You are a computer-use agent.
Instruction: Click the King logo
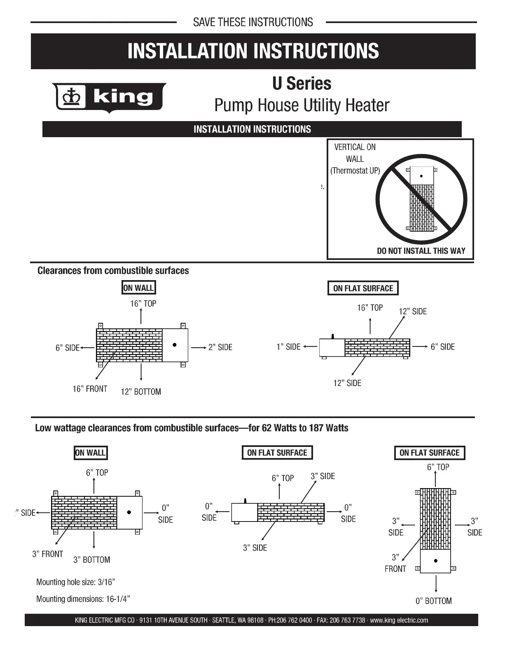point(109,98)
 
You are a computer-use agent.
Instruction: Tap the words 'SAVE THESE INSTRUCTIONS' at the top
point(253,22)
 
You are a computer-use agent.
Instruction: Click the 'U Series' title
point(302,84)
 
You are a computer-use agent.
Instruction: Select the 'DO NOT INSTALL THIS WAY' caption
point(421,251)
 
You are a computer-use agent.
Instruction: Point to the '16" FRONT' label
point(90,389)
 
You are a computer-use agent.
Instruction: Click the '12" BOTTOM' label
point(141,392)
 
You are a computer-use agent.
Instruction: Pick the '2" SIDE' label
point(220,347)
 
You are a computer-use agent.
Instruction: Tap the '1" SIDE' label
point(288,347)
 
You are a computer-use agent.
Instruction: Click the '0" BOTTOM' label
point(433,601)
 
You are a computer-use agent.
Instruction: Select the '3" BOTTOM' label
point(92,560)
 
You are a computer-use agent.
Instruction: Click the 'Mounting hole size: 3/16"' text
point(76,582)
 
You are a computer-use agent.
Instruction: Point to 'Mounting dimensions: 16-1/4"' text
point(83,599)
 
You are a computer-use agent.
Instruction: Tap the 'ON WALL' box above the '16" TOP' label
point(139,288)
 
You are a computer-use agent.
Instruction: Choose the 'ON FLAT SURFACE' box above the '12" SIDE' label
point(363,288)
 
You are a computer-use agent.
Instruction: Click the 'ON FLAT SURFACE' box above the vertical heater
point(429,453)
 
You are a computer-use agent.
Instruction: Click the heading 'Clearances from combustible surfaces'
point(113,271)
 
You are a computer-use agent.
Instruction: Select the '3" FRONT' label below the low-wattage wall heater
point(48,554)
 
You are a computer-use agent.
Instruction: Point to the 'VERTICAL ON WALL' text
point(355,153)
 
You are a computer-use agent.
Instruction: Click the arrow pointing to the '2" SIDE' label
point(199,348)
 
